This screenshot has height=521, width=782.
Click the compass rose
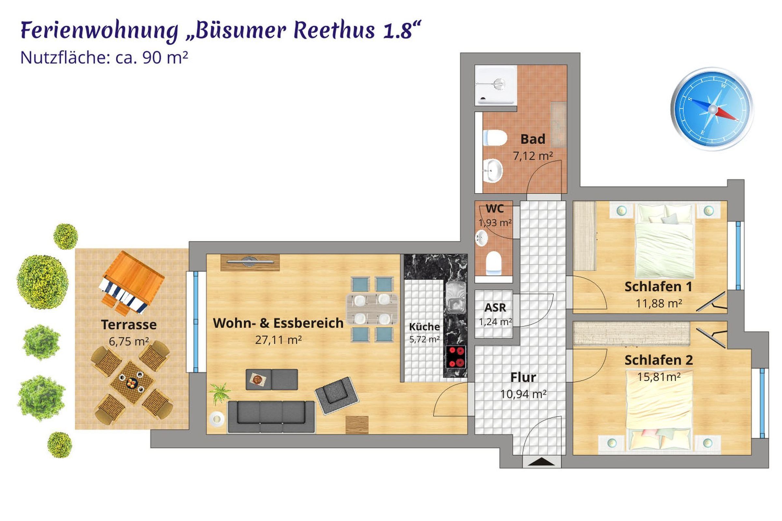(x=712, y=109)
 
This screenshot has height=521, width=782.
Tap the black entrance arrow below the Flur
(x=541, y=462)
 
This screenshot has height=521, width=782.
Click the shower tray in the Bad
(x=496, y=85)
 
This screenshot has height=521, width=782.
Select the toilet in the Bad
(x=495, y=137)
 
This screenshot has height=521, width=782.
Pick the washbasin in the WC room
(x=482, y=238)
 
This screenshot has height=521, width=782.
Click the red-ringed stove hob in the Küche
(x=456, y=357)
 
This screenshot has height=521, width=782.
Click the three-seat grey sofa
(x=271, y=417)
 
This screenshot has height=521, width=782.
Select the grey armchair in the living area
(x=337, y=395)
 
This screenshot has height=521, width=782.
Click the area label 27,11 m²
(x=278, y=340)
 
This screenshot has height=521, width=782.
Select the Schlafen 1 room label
(x=658, y=287)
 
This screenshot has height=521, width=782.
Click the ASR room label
(x=495, y=308)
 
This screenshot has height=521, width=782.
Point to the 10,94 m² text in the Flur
(x=524, y=394)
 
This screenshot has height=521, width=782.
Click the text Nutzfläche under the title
(x=65, y=58)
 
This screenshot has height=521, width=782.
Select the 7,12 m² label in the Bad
(x=533, y=156)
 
